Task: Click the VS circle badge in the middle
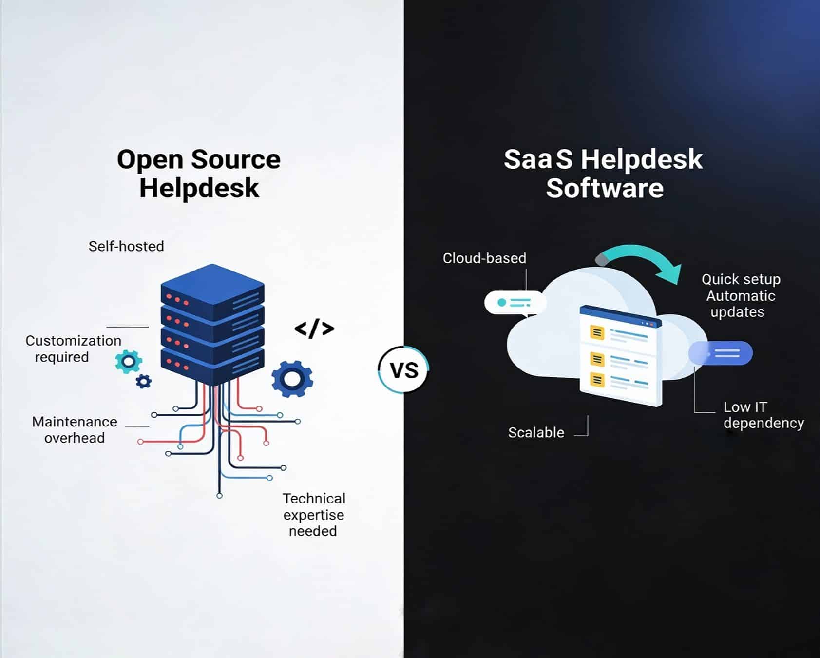404,370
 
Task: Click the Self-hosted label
126,246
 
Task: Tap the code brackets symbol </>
314,329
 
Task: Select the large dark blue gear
292,378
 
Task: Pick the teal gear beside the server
129,362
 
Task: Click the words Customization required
73,348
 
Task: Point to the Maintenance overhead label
75,429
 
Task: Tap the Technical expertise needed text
314,515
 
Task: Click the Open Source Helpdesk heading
199,174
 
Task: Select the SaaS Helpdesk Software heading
604,174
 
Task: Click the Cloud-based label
484,258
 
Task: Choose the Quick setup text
741,279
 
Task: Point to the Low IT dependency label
763,415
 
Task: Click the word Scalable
536,432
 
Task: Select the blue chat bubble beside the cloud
721,353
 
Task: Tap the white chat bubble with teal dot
515,303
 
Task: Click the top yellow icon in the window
597,333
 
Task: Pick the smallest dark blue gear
143,381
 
